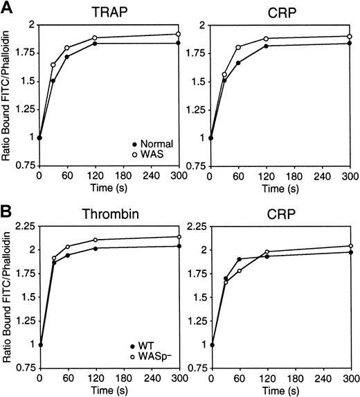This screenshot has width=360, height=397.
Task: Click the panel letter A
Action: pos(8,8)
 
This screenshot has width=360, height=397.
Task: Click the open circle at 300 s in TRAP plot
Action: pos(178,34)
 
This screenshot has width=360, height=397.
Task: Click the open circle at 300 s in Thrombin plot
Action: pos(178,237)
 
